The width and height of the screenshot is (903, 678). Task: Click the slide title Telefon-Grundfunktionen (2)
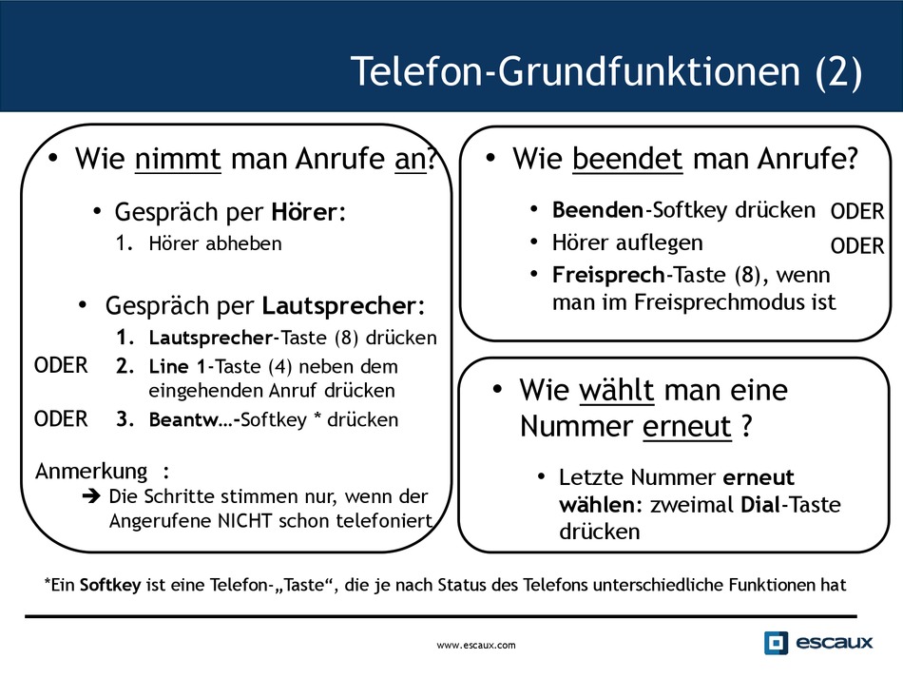pyautogui.click(x=606, y=71)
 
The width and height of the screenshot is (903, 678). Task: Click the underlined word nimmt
pyautogui.click(x=178, y=159)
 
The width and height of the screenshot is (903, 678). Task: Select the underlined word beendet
pyautogui.click(x=627, y=159)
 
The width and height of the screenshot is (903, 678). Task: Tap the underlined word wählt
pyautogui.click(x=616, y=390)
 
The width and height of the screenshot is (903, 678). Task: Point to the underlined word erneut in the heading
pyautogui.click(x=686, y=427)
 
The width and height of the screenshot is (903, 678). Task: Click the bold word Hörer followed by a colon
pyautogui.click(x=305, y=211)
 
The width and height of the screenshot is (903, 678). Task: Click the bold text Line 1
pyautogui.click(x=177, y=366)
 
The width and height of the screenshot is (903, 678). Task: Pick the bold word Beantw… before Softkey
pyautogui.click(x=191, y=419)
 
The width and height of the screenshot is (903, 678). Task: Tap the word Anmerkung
pyautogui.click(x=91, y=472)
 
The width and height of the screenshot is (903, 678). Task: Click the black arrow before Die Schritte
pyautogui.click(x=91, y=496)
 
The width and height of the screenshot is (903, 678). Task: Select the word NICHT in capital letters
pyautogui.click(x=244, y=521)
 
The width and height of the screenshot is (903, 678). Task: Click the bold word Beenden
pyautogui.click(x=598, y=210)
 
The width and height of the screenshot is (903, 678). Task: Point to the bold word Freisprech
pyautogui.click(x=608, y=276)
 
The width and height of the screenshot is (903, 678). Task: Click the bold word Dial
pyautogui.click(x=760, y=505)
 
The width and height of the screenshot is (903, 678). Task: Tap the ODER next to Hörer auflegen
pyautogui.click(x=857, y=246)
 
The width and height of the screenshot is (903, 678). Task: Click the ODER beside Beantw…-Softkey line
pyautogui.click(x=61, y=419)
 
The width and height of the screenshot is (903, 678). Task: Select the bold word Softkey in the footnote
pyautogui.click(x=110, y=585)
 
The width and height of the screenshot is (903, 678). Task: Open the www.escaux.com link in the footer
pyautogui.click(x=476, y=645)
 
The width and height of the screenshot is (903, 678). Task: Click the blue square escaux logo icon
pyautogui.click(x=776, y=643)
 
